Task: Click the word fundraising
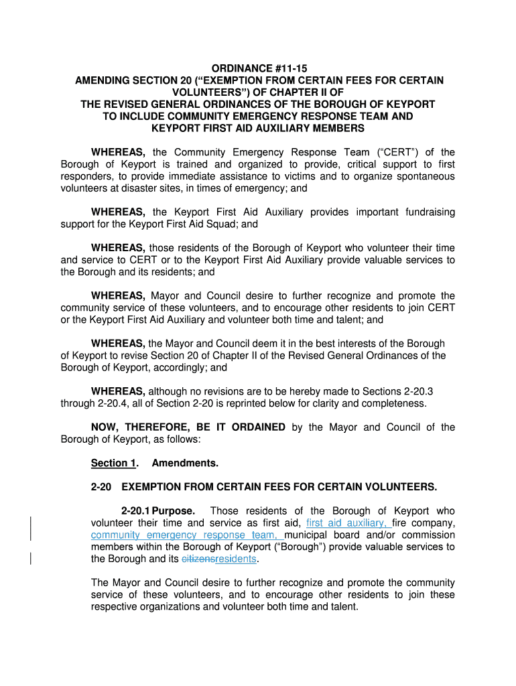click(x=430, y=212)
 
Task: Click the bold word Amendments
click(x=186, y=463)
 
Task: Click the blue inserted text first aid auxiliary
click(x=346, y=523)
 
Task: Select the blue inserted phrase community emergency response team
click(x=184, y=535)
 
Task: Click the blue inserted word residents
click(x=235, y=559)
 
